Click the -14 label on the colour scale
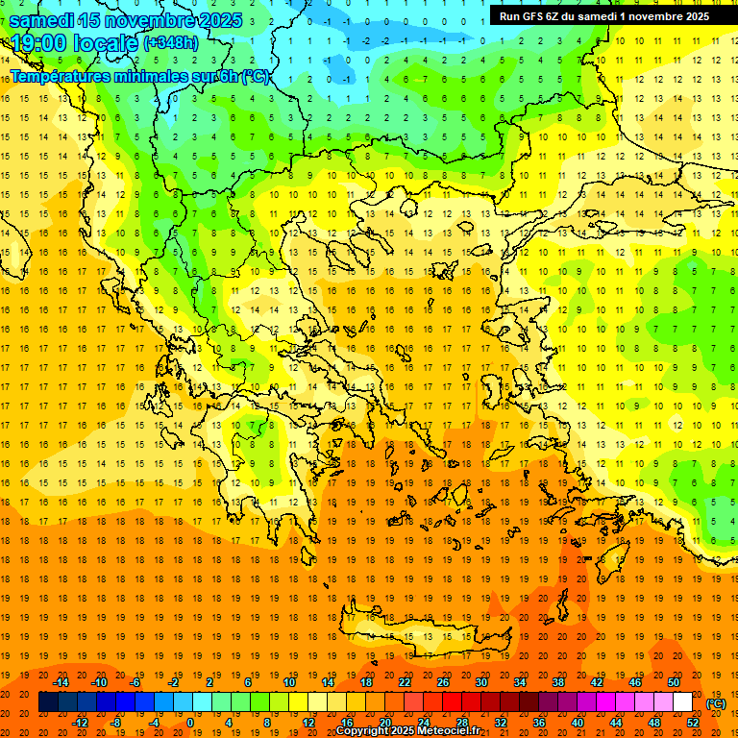(x=61, y=682)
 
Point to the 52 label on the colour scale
(x=693, y=723)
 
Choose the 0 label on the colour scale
(x=190, y=723)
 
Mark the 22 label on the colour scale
(x=405, y=682)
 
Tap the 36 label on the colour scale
(x=538, y=723)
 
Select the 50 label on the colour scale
(x=674, y=682)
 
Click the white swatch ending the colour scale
(x=682, y=702)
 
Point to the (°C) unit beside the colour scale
(x=716, y=703)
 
